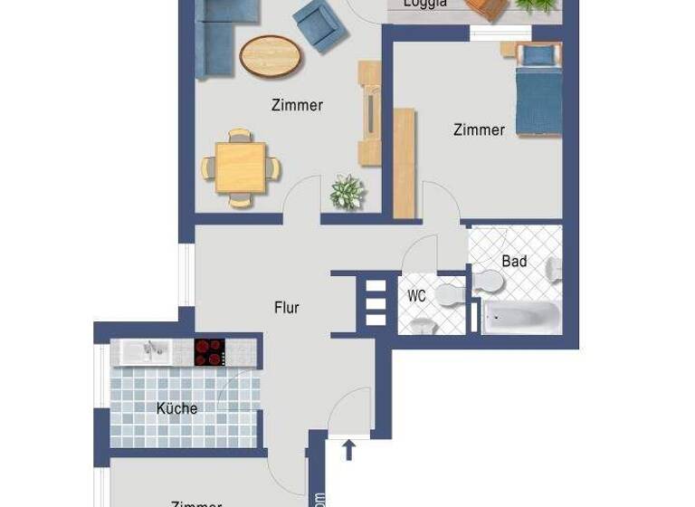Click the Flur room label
(286, 308)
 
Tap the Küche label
(176, 408)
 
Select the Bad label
(514, 262)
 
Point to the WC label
(416, 296)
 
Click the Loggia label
(424, 4)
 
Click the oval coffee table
(270, 56)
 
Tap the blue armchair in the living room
(319, 25)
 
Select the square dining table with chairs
(241, 168)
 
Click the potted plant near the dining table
(347, 192)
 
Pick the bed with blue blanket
(538, 91)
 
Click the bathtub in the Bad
(521, 318)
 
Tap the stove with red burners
(209, 352)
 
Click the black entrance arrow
(348, 449)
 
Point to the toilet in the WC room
(449, 295)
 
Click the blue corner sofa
(217, 36)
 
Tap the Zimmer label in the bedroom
(479, 130)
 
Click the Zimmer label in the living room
(297, 106)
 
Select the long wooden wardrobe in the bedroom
(404, 164)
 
